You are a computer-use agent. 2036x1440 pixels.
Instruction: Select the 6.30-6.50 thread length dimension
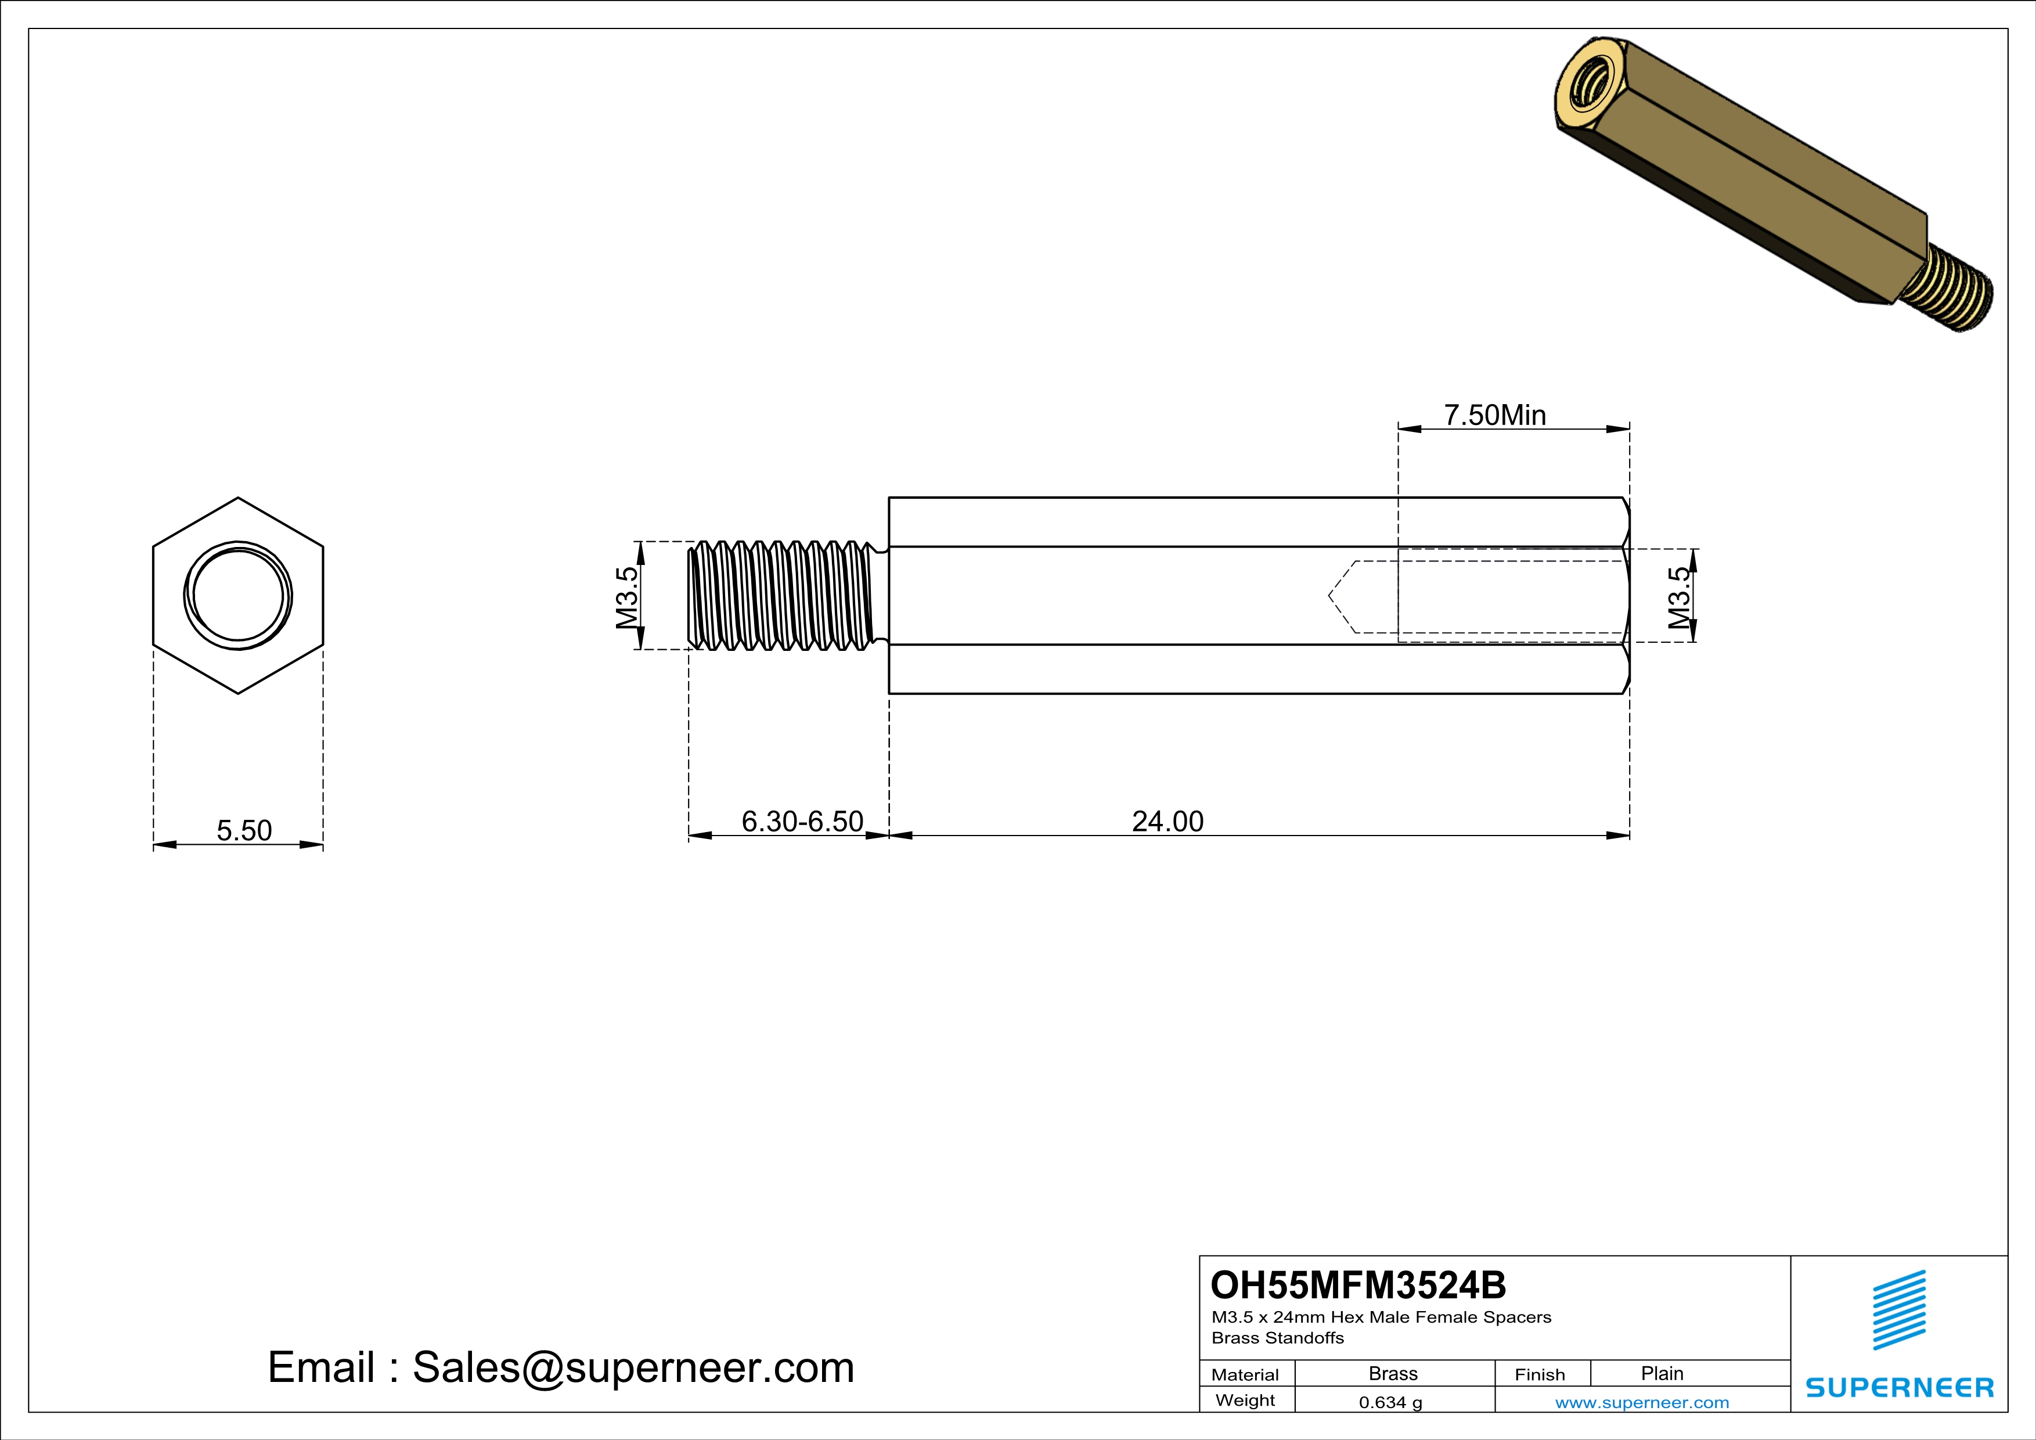pos(802,822)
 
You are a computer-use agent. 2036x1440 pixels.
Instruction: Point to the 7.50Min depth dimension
pos(1494,415)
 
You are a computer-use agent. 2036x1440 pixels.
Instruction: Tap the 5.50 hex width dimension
pos(244,831)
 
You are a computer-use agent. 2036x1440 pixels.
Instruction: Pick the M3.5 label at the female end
pos(1678,597)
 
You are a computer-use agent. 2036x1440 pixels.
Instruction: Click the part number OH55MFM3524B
pos(1358,1285)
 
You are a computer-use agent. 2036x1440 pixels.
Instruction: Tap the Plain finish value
pos(1661,1373)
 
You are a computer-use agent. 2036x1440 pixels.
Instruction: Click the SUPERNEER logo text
pos(1900,1388)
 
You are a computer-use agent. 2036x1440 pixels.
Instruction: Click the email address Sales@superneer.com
pos(632,1367)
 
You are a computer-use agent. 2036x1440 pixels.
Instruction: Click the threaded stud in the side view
pos(780,595)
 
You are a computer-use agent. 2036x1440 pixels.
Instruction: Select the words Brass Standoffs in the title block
pos(1277,1338)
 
